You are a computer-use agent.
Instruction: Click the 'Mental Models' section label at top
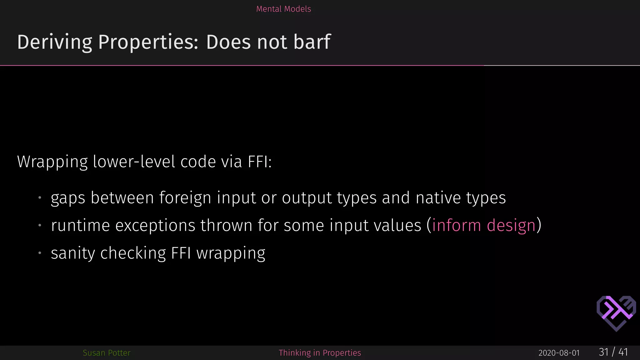[x=283, y=9]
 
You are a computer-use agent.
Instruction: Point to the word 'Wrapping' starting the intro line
[x=52, y=162]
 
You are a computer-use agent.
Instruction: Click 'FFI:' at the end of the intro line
[x=260, y=162]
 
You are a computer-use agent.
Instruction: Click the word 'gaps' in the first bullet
[x=68, y=198]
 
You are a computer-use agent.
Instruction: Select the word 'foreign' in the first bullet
[x=185, y=198]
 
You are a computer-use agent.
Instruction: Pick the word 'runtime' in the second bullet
[x=80, y=226]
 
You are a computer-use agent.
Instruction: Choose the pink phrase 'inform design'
[x=484, y=226]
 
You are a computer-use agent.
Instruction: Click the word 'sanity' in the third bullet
[x=73, y=253]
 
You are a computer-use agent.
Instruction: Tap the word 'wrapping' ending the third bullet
[x=231, y=253]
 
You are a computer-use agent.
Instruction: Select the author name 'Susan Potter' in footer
[x=107, y=353]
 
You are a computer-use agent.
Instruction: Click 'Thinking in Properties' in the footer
[x=320, y=353]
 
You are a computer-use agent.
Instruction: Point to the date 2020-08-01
[x=559, y=353]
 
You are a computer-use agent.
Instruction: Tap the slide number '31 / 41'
[x=613, y=352]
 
